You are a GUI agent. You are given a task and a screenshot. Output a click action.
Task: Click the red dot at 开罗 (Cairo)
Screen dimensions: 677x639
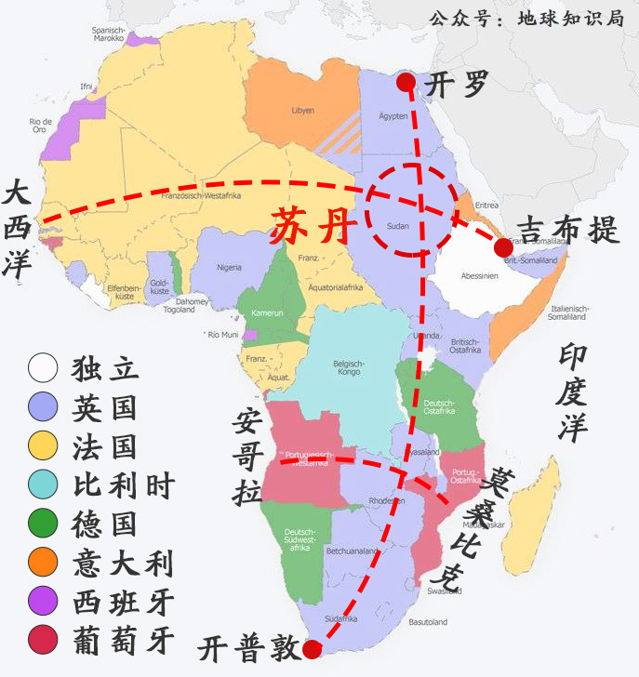tap(406, 83)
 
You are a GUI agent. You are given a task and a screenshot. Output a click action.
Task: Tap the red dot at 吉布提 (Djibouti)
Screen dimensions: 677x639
tap(503, 246)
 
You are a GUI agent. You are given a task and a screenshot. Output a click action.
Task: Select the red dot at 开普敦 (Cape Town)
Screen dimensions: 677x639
tap(313, 649)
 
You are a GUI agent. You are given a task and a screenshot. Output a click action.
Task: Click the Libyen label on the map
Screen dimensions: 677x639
tap(303, 110)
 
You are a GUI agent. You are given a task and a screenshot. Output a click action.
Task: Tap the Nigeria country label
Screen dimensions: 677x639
tap(234, 267)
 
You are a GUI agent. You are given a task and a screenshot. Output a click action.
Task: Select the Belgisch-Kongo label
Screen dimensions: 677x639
tap(348, 368)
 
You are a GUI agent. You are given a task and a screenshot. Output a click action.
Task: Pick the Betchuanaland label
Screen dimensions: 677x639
tap(350, 551)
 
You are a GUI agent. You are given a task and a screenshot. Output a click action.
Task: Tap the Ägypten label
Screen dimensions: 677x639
tap(393, 115)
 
